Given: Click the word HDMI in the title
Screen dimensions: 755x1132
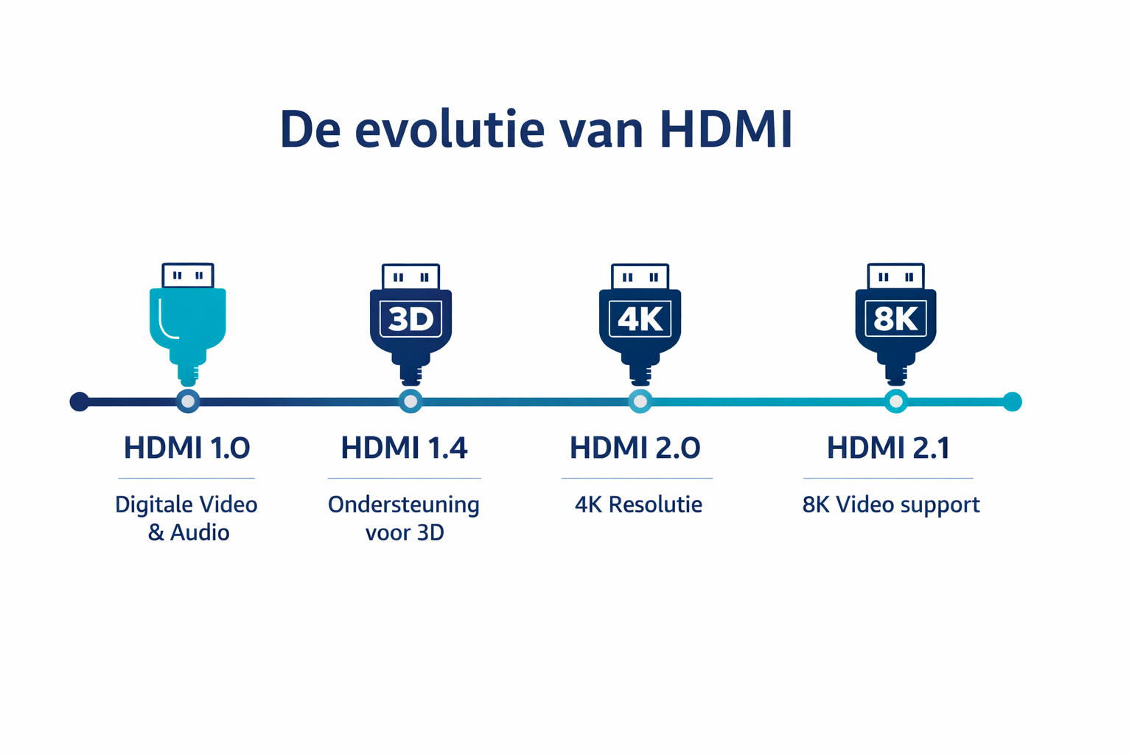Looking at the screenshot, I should point(725,130).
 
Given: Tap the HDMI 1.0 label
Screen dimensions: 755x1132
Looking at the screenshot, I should point(186,448).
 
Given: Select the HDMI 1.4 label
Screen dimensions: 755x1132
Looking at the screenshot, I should point(404,448).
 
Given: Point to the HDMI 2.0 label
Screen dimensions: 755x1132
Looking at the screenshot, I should point(635,448).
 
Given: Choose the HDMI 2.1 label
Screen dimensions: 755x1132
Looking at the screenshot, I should point(888,448).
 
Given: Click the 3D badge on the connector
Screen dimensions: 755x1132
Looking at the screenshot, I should point(410,319).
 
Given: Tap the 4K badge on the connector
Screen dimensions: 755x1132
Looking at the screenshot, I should point(640,319).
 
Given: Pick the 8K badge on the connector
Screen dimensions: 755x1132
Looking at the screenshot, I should point(895,319).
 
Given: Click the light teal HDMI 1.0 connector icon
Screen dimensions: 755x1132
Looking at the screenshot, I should point(188,321).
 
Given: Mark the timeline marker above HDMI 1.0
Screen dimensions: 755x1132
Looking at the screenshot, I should point(188,401).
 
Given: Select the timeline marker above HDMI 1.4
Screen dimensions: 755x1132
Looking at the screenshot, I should point(410,401).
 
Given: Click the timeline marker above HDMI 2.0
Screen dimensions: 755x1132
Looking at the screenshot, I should point(640,401).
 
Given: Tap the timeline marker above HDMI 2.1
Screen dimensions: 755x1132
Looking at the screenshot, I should point(895,401).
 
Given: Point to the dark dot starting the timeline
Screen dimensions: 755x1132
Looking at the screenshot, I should point(80,401).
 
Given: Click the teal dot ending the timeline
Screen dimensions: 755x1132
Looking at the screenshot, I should point(1013,401).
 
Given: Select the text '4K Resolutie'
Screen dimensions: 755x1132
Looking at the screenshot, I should point(638,505).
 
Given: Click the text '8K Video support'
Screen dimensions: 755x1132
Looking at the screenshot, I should point(891,505).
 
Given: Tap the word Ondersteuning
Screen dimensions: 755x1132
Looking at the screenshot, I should point(403,505).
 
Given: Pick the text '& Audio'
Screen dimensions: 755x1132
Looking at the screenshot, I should point(189,532).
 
